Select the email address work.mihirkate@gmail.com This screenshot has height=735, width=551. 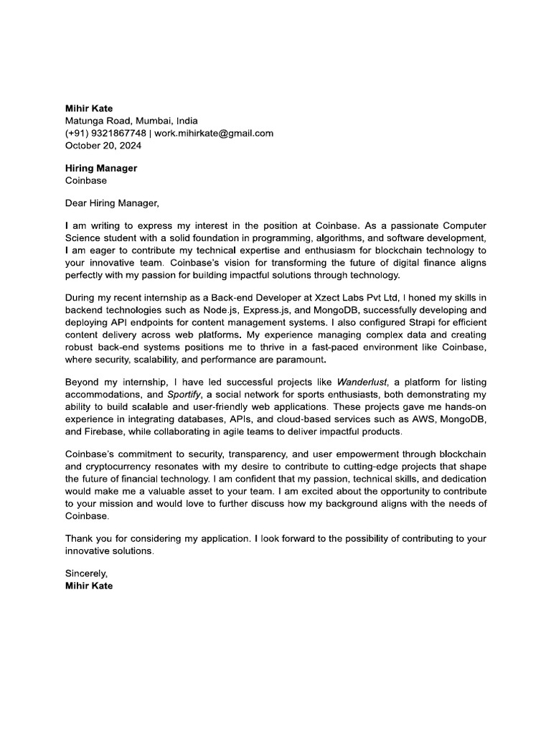(215, 133)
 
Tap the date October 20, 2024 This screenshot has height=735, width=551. (103, 145)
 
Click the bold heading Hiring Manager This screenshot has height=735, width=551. (101, 169)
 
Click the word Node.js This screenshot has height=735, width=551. (215, 310)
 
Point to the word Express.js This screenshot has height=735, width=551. (266, 310)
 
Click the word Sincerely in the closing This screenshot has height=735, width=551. (86, 574)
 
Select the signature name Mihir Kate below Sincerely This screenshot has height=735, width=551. (89, 586)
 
